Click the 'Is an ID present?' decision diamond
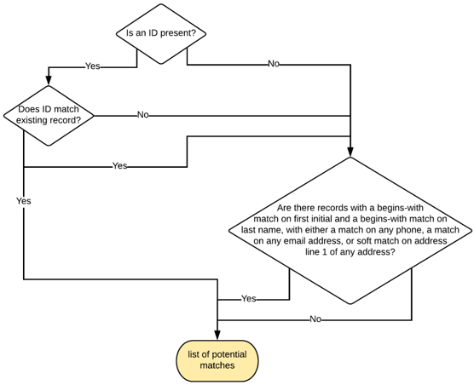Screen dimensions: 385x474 161,33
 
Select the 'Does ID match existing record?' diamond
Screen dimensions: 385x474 49,115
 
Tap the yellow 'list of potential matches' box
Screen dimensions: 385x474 217,359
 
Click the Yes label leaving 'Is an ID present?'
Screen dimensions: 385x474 92,66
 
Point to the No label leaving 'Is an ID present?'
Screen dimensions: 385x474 273,64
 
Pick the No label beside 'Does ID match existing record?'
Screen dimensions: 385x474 142,115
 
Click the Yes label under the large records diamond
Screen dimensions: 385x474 248,299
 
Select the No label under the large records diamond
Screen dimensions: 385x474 315,319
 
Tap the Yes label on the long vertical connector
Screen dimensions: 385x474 23,201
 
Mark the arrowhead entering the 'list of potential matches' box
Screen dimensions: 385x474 217,336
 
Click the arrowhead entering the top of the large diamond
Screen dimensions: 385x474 350,152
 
